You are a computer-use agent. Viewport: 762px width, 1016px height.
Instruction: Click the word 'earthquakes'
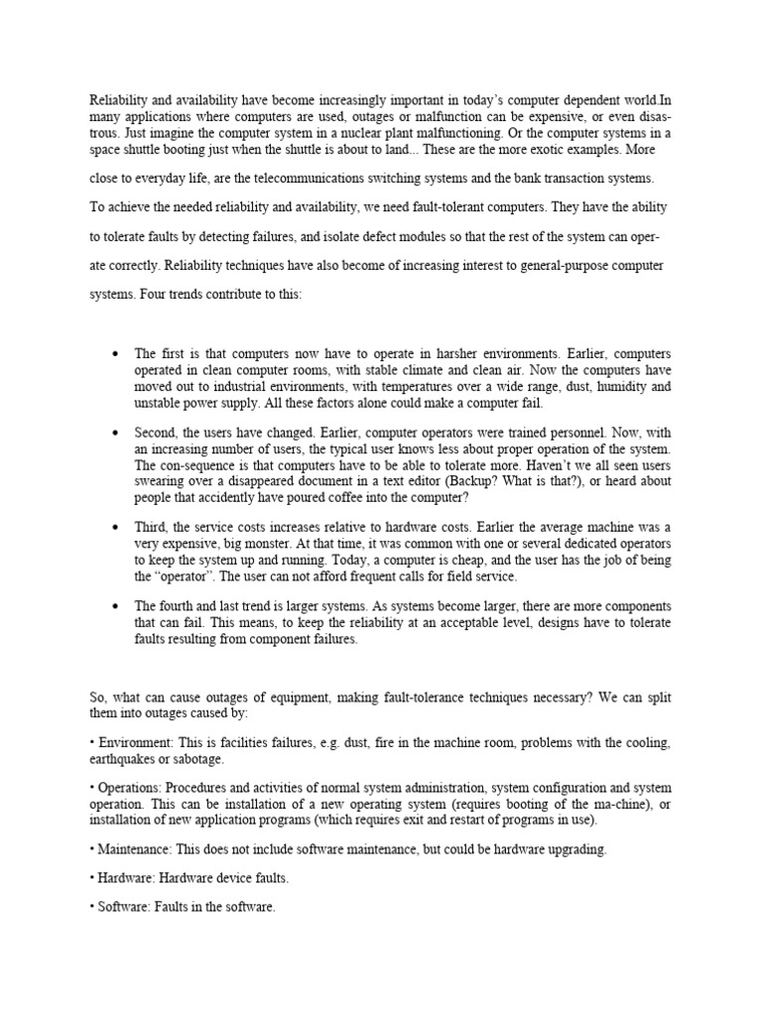point(123,759)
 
